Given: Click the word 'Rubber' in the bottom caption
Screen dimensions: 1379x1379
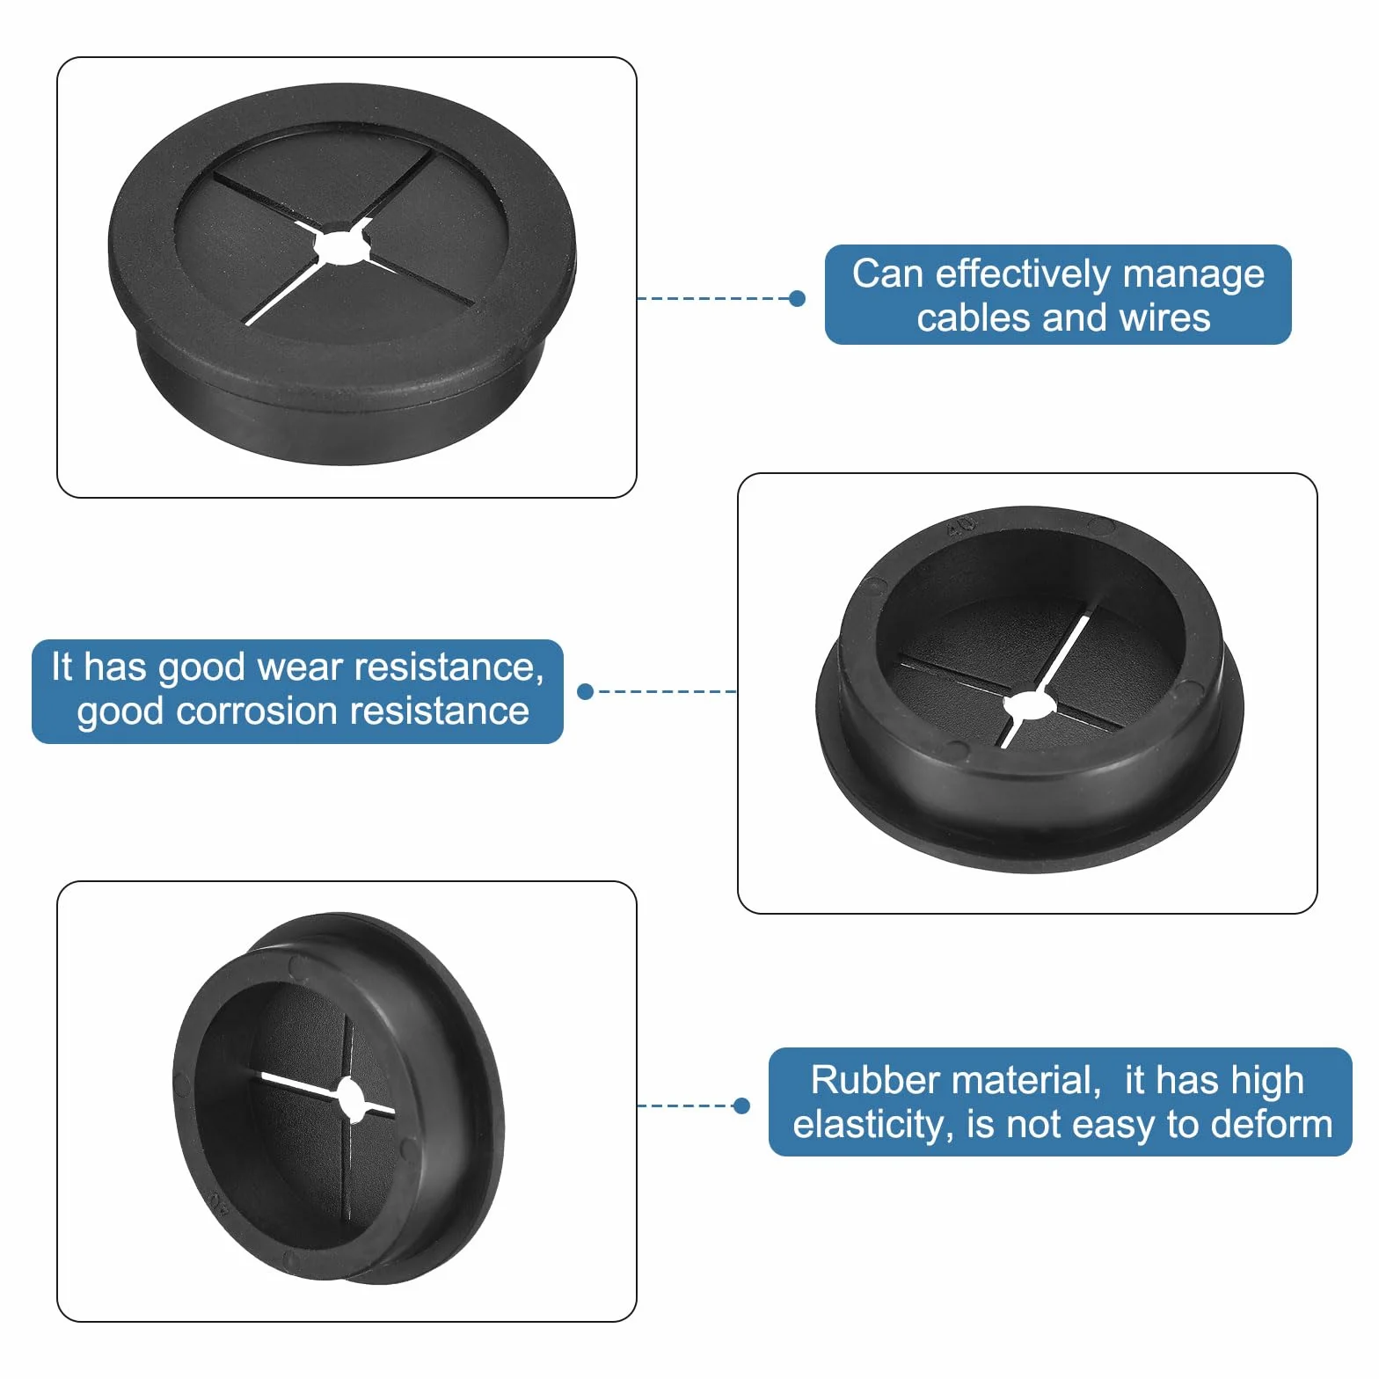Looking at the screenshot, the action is coord(863,1080).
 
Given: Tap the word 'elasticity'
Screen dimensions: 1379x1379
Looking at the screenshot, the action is coord(873,1125).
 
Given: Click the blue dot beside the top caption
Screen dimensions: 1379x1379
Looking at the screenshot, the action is coord(798,299).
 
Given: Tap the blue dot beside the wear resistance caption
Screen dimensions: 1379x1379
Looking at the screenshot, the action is coord(585,692).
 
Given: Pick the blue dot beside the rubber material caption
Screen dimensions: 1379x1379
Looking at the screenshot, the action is coord(741,1105).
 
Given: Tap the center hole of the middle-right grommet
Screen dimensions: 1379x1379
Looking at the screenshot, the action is coord(1030,705).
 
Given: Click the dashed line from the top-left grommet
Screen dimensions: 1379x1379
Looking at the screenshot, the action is coord(713,299).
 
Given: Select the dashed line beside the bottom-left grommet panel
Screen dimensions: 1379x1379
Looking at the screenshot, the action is coord(685,1105).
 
